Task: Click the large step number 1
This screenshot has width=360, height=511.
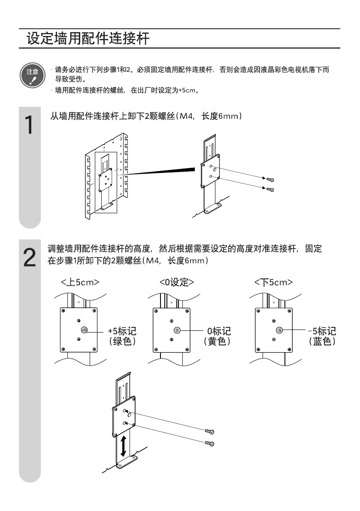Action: [28, 124]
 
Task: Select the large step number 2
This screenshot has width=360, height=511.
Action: [29, 258]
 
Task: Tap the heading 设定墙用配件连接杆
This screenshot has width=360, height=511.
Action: [88, 39]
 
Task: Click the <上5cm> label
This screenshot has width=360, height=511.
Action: [80, 282]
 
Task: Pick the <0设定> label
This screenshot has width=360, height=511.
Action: [176, 282]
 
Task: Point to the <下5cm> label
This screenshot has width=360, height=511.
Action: [273, 282]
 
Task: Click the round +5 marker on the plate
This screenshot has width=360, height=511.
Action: [84, 330]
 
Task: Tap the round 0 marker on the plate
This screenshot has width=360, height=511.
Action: [177, 330]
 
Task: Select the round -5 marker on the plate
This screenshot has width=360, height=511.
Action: [279, 330]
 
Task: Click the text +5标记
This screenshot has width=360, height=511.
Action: [122, 331]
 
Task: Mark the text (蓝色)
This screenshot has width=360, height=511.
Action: [322, 342]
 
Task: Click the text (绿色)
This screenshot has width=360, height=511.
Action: [122, 342]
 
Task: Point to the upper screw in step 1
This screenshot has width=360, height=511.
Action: [270, 179]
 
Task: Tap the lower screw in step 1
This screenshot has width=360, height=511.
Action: [270, 189]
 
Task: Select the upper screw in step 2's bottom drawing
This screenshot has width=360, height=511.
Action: [209, 431]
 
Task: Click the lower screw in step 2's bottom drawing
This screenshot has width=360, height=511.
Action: [209, 443]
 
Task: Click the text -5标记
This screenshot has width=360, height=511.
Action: [322, 331]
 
